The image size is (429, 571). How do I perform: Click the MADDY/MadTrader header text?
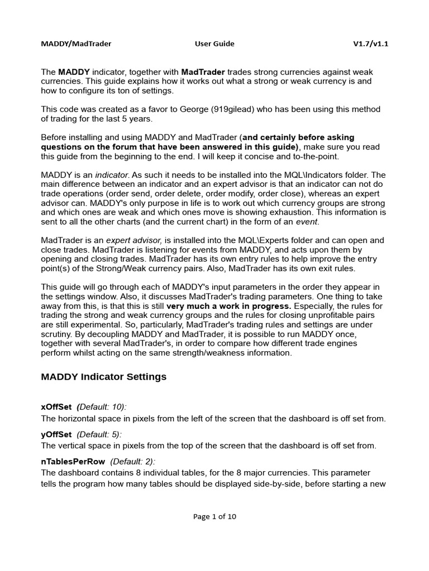coord(76,43)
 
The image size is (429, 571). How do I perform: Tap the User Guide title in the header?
coord(214,43)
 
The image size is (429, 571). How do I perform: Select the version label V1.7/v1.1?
coord(370,43)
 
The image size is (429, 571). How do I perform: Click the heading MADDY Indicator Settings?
coord(104,377)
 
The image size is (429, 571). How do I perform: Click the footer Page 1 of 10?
coord(214,516)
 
